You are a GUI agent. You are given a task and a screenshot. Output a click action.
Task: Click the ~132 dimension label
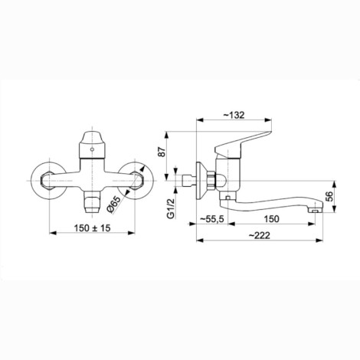pyautogui.click(x=234, y=115)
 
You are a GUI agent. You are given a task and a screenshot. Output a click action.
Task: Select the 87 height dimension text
pyautogui.click(x=162, y=152)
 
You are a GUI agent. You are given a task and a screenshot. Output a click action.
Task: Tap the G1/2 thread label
pyautogui.click(x=171, y=208)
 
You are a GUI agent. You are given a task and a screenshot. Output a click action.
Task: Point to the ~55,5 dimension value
pyautogui.click(x=211, y=219)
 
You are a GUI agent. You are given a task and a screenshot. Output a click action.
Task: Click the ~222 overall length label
pyautogui.click(x=259, y=235)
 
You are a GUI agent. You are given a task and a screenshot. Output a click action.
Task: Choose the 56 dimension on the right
pyautogui.click(x=330, y=196)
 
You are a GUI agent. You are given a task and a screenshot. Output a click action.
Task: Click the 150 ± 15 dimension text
pyautogui.click(x=92, y=227)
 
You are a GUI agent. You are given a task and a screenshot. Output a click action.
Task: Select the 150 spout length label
pyautogui.click(x=271, y=219)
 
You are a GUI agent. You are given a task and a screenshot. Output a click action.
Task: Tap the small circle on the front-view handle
pyautogui.click(x=92, y=149)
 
